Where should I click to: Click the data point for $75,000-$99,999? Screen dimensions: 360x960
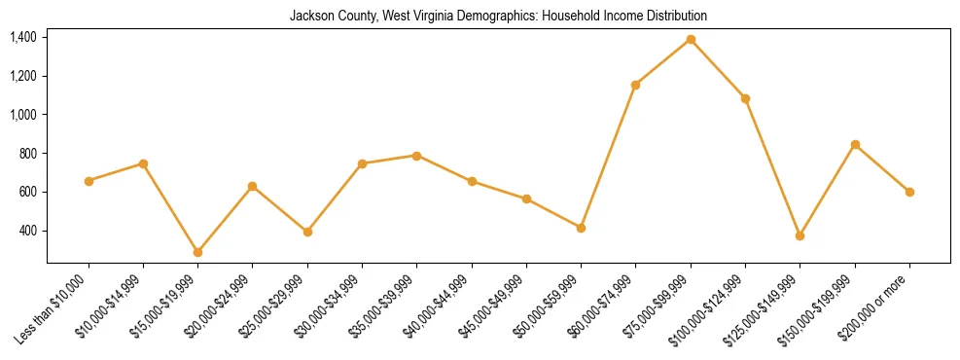click(x=691, y=39)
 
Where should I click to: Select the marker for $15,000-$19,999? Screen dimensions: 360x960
click(x=197, y=252)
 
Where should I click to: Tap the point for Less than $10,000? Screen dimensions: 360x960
click(x=89, y=181)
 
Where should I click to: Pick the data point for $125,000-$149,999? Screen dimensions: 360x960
click(x=800, y=235)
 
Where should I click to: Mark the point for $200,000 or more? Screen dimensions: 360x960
click(x=909, y=192)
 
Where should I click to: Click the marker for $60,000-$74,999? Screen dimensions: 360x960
click(x=635, y=85)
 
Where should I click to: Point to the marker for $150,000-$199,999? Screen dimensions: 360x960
click(x=855, y=144)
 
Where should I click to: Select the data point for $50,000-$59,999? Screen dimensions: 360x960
click(x=581, y=228)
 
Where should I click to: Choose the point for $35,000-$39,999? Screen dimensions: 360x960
click(x=416, y=156)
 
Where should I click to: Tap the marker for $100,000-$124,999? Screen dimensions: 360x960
click(x=745, y=98)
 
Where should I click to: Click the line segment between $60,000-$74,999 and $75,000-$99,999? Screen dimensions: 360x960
click(x=663, y=61)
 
